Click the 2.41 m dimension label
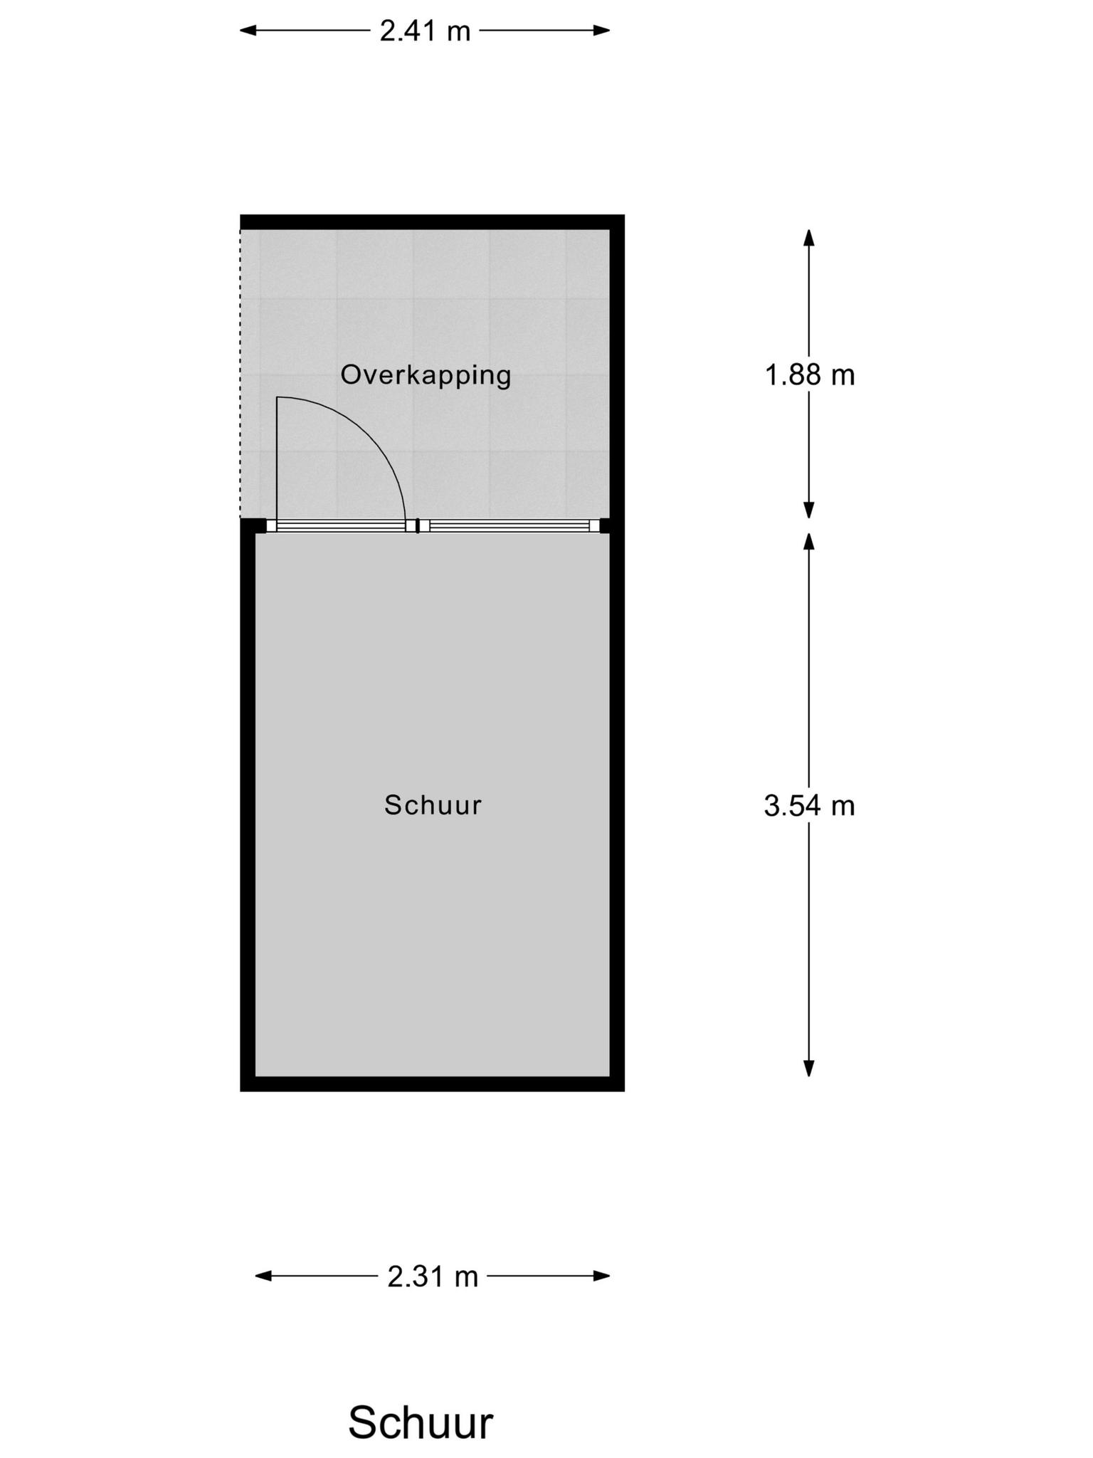[x=425, y=31]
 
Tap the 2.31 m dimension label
[x=433, y=1277]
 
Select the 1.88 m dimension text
[x=809, y=375]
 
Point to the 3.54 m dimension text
[x=809, y=806]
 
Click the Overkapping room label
[x=426, y=375]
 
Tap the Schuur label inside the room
[x=433, y=805]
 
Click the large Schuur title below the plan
[x=420, y=1403]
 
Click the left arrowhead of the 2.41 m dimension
[x=248, y=31]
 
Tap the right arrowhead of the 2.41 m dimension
[x=602, y=31]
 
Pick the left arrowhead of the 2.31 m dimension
[x=263, y=1276]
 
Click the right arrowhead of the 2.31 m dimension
[x=602, y=1276]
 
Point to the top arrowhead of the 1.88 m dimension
[x=808, y=237]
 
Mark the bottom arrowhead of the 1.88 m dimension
[x=808, y=510]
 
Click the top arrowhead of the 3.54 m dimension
[x=808, y=542]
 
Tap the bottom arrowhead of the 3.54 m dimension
[x=808, y=1068]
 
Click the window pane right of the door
[x=509, y=526]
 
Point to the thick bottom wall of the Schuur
[x=432, y=1084]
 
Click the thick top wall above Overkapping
[x=432, y=221]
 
